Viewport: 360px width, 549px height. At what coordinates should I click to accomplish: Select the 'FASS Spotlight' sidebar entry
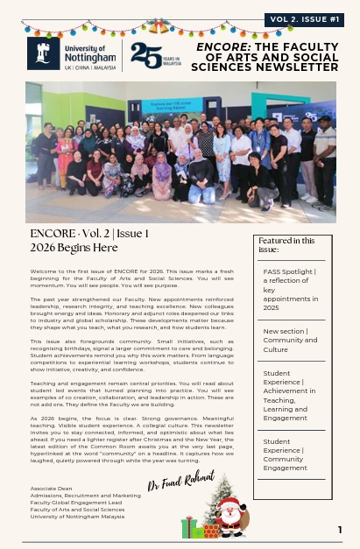point(288,290)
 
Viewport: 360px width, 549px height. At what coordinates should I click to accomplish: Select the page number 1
point(340,530)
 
